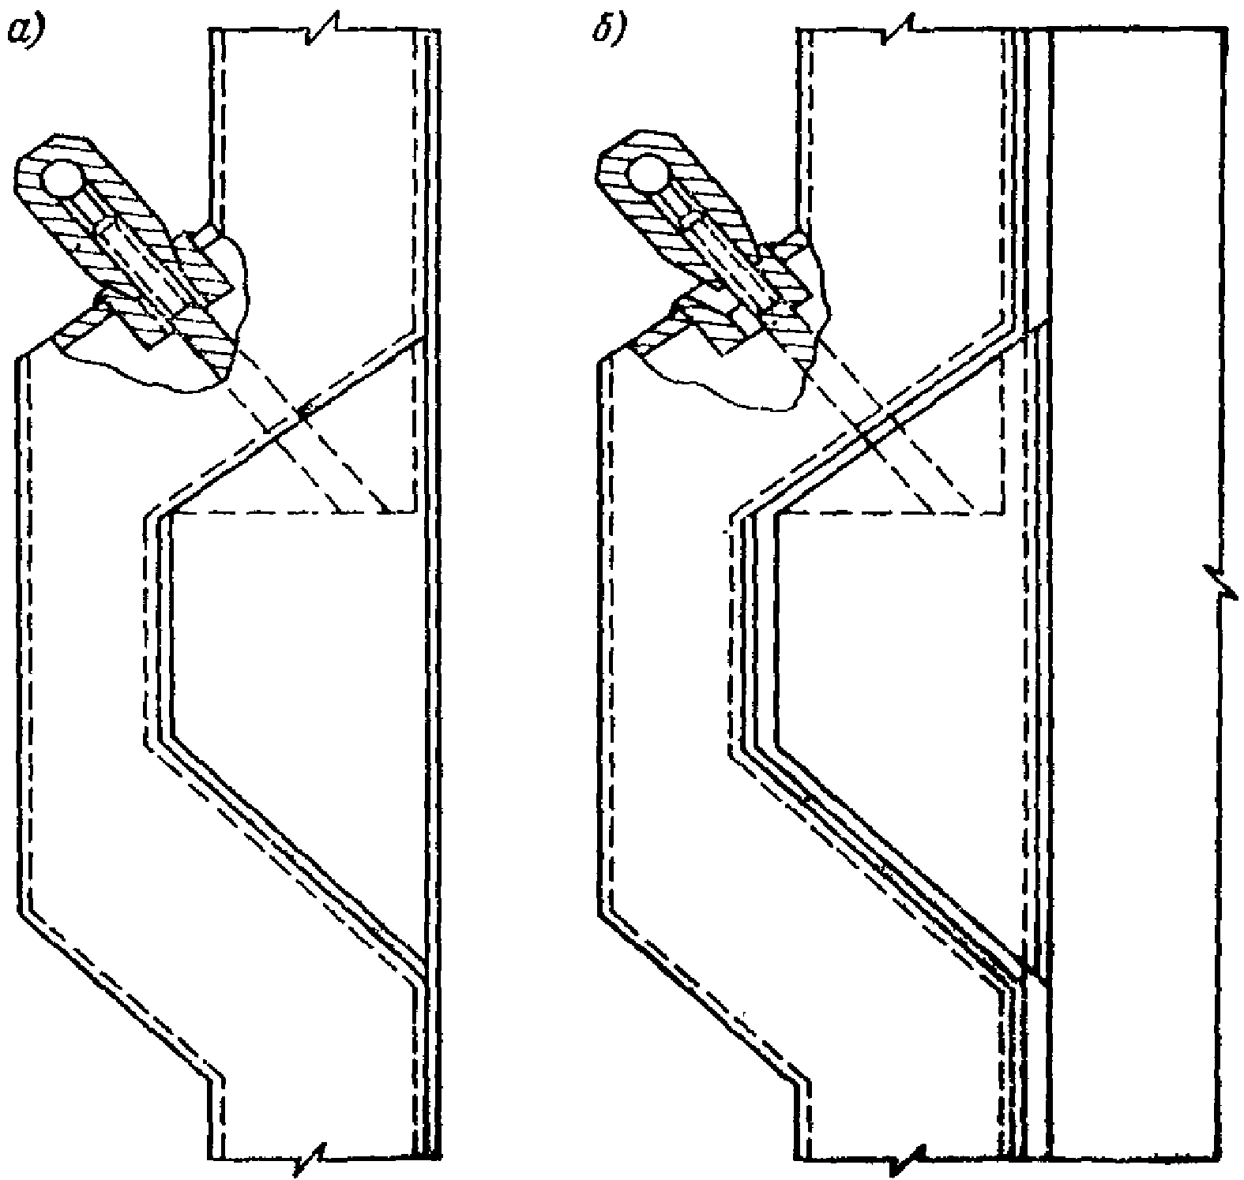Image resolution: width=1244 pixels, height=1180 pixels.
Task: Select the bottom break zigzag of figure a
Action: pos(311,1159)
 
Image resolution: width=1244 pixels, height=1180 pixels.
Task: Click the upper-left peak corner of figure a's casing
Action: pos(17,357)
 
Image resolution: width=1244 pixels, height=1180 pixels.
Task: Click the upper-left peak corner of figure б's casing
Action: pos(602,360)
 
